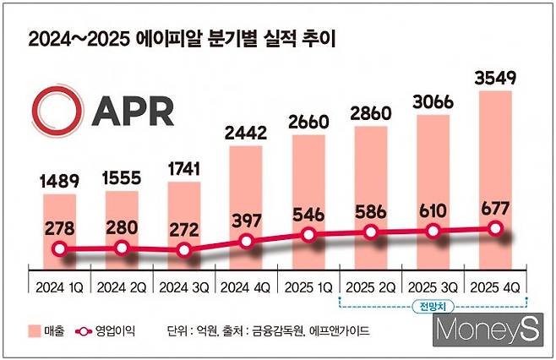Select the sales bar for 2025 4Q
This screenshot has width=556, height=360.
pos(496,169)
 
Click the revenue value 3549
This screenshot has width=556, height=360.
pos(496,77)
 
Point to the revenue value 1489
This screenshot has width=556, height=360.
pos(58,182)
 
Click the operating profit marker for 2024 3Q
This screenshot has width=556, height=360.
pos(184,249)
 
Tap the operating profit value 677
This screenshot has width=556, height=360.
pos(496,207)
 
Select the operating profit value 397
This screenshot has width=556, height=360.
pos(247,220)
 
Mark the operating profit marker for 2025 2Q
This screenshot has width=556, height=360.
pos(371,233)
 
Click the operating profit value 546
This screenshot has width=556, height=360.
pos(309,213)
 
